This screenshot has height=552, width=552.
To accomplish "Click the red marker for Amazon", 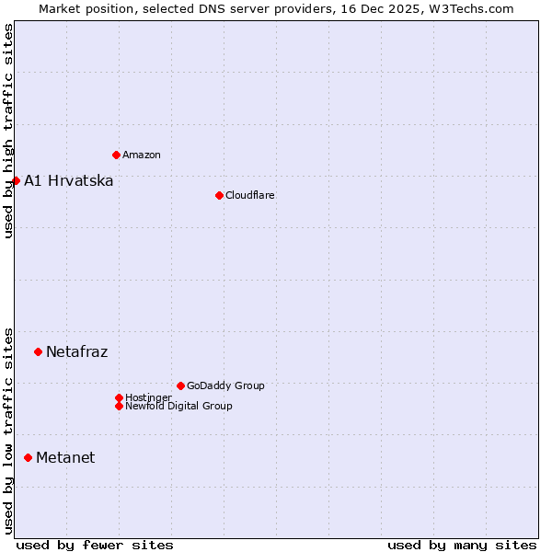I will click(x=116, y=155).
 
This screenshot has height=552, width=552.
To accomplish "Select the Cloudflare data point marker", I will click(x=219, y=195).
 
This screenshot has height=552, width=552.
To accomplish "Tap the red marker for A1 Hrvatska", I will click(x=16, y=180).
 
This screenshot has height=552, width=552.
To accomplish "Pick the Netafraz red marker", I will click(x=38, y=351).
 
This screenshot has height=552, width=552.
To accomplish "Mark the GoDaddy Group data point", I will click(x=180, y=385).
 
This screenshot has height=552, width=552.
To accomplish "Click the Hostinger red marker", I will click(x=119, y=397).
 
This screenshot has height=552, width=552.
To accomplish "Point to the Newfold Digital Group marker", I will click(x=119, y=406).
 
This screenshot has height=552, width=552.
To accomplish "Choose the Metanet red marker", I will click(x=28, y=457).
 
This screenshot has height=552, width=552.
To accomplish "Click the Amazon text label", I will click(x=142, y=155).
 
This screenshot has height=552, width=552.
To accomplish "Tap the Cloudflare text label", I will click(x=250, y=195).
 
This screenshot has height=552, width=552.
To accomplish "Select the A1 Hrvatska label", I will click(x=69, y=180).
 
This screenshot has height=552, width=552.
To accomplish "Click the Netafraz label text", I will click(x=77, y=351).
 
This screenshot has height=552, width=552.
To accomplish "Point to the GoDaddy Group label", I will click(x=225, y=385).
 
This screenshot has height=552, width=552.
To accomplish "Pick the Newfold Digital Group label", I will click(x=179, y=406).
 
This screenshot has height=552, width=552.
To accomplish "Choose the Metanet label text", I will click(x=65, y=457).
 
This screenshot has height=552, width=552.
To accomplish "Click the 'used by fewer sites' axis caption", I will click(x=95, y=545).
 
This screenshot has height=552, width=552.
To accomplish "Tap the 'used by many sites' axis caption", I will click(x=462, y=545).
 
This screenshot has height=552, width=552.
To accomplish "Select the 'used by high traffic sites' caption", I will click(x=8, y=131).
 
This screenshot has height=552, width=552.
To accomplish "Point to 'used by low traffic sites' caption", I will click(x=8, y=431).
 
